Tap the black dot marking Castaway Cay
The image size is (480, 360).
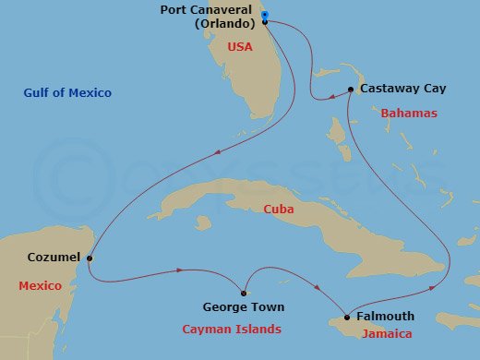tap(351, 90)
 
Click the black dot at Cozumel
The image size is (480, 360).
tap(89, 258)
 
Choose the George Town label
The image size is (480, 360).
tap(244, 307)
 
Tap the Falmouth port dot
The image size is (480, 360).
tap(347, 316)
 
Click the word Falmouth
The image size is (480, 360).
tap(385, 316)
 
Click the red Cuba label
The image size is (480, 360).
tap(278, 210)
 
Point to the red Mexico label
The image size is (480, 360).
tap(41, 286)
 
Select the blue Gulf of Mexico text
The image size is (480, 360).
tap(68, 93)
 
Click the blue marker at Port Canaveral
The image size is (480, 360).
tap(265, 17)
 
